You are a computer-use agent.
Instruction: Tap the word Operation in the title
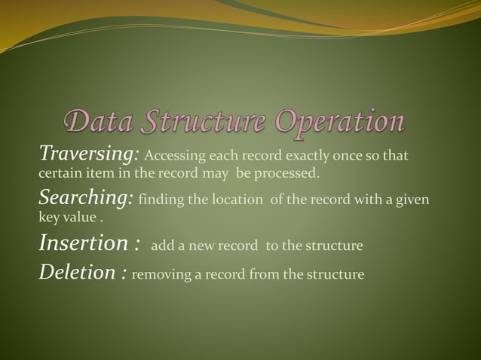pyautogui.click(x=340, y=122)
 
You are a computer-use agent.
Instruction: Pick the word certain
pyautogui.click(x=59, y=174)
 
